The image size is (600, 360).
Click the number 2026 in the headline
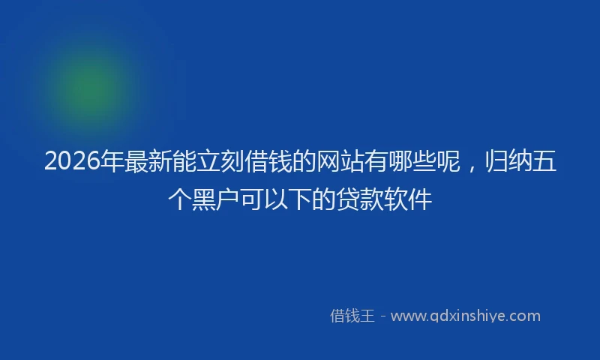click(71, 161)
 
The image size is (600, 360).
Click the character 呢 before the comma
click(449, 161)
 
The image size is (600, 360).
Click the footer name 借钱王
click(352, 316)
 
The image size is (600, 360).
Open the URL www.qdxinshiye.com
click(465, 316)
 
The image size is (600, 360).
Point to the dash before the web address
click(382, 316)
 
